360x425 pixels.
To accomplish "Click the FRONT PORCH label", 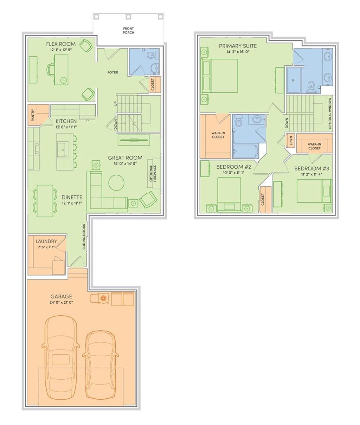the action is pyautogui.click(x=128, y=31).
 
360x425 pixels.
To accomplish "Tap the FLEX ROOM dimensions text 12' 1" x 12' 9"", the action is pyautogui.click(x=61, y=50).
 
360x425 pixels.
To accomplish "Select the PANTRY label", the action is pyautogui.click(x=33, y=115).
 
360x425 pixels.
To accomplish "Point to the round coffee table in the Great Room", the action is pyautogui.click(x=116, y=183).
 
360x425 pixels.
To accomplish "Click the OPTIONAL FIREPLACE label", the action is pyautogui.click(x=153, y=173).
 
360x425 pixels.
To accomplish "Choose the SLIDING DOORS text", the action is pyautogui.click(x=84, y=237).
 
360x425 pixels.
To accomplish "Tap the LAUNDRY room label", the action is pyautogui.click(x=46, y=241).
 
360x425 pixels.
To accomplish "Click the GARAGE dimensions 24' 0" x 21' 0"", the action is pyautogui.click(x=61, y=302).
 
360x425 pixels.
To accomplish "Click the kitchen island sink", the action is pyautogui.click(x=63, y=149).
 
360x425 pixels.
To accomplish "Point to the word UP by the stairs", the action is pyautogui.click(x=116, y=103).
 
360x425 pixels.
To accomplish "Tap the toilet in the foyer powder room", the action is pyautogui.click(x=153, y=54).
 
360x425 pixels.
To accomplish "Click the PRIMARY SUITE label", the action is pyautogui.click(x=238, y=46).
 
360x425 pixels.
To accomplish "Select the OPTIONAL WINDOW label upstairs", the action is pyautogui.click(x=330, y=113).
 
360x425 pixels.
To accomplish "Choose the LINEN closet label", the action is pyautogui.click(x=291, y=141).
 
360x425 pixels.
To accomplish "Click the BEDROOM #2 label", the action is pyautogui.click(x=233, y=167).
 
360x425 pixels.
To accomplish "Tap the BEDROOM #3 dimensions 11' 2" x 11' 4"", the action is pyautogui.click(x=312, y=174).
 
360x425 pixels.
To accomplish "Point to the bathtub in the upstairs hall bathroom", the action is pyautogui.click(x=245, y=151).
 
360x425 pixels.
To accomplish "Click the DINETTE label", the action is pyautogui.click(x=72, y=197).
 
